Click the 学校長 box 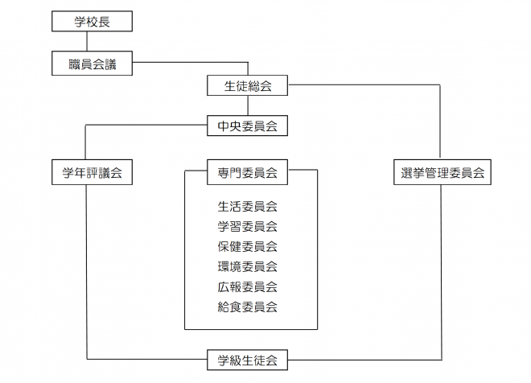92,22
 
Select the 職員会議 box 92,64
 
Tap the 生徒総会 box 247,86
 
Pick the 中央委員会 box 247,126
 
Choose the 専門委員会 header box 247,171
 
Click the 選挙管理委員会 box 442,171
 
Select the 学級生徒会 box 247,361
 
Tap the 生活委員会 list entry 247,206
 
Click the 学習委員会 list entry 247,226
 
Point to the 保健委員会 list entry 247,246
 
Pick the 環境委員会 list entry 247,266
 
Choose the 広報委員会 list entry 247,286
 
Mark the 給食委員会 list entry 247,307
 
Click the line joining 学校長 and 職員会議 92,43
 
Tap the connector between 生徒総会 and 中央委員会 247,106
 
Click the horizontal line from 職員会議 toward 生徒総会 189,62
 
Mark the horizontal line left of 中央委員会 145,125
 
